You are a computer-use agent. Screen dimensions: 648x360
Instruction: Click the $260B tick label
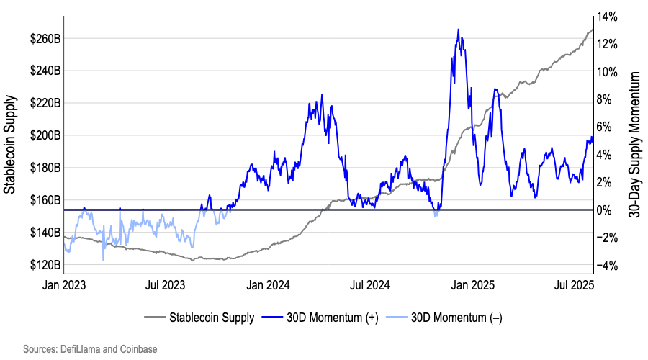click(x=45, y=39)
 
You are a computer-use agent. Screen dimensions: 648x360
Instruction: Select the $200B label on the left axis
click(x=45, y=135)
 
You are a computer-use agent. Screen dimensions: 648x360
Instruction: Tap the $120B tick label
click(x=45, y=265)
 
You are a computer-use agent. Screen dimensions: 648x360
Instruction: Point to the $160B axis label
click(x=45, y=200)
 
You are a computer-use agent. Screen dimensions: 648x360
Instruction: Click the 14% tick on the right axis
click(x=607, y=17)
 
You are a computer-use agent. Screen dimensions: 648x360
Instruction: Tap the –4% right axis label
click(x=607, y=266)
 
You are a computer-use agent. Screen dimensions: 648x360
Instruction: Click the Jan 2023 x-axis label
click(x=63, y=285)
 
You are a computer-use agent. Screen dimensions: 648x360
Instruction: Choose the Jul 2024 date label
click(x=370, y=285)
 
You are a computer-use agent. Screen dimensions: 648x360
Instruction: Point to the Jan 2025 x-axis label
click(x=472, y=285)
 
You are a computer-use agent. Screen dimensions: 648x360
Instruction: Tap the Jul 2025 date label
click(x=574, y=285)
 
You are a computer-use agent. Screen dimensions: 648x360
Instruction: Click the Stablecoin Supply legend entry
click(x=199, y=318)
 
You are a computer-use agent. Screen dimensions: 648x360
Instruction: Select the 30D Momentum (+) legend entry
click(x=320, y=318)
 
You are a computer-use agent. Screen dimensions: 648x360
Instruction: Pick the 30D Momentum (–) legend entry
click(x=444, y=318)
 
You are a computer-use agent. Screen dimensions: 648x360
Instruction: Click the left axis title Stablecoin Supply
click(x=9, y=145)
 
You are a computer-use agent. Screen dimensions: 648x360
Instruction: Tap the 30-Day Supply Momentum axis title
click(x=634, y=145)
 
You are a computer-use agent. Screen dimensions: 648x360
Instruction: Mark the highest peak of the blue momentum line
click(x=459, y=30)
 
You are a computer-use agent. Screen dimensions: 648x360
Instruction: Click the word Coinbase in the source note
click(x=138, y=349)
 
